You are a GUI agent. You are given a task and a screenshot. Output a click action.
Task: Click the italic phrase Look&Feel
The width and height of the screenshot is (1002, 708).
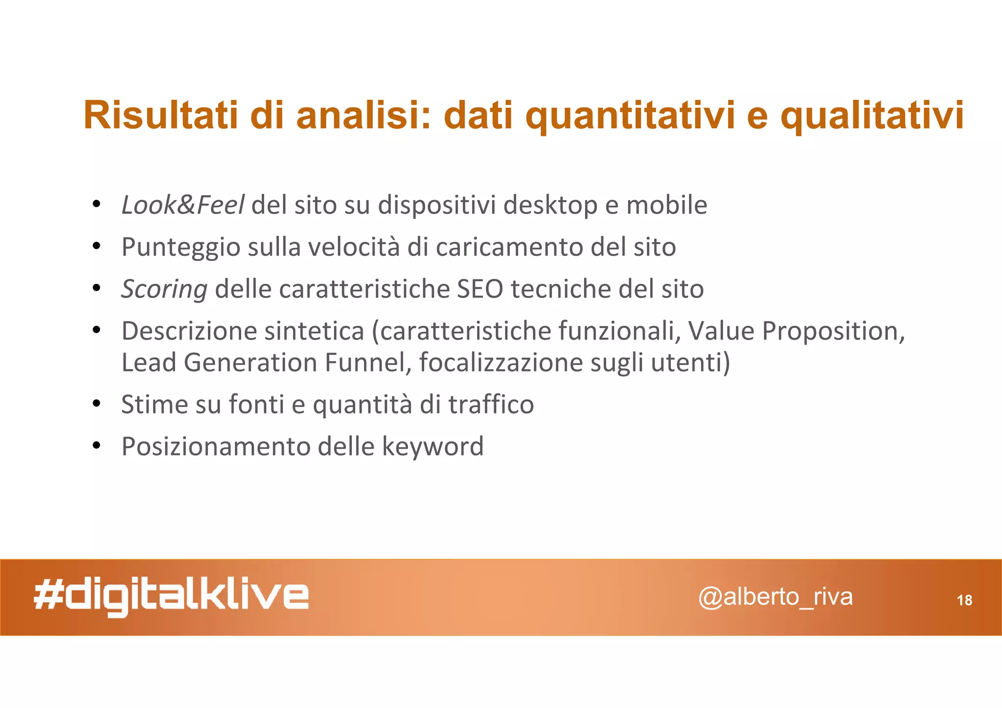[x=182, y=205]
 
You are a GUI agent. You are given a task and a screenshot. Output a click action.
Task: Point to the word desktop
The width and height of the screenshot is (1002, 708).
[x=550, y=205]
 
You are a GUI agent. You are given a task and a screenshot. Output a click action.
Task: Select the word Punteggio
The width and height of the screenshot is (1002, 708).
[x=181, y=247]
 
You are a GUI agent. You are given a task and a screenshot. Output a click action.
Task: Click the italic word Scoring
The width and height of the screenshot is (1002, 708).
[x=164, y=289]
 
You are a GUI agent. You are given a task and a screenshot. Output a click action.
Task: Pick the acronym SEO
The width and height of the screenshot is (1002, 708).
[x=479, y=289]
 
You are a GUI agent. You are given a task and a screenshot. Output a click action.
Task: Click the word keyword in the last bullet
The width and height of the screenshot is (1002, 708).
[x=432, y=446]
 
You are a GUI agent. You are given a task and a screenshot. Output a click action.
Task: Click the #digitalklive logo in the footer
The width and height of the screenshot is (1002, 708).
[x=171, y=597]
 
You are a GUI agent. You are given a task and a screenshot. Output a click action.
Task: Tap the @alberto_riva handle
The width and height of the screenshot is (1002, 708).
[x=775, y=597]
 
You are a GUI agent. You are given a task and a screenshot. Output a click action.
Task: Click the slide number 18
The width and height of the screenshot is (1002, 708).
[x=964, y=600]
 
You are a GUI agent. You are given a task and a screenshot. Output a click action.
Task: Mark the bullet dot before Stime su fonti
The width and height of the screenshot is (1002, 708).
[x=96, y=404]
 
